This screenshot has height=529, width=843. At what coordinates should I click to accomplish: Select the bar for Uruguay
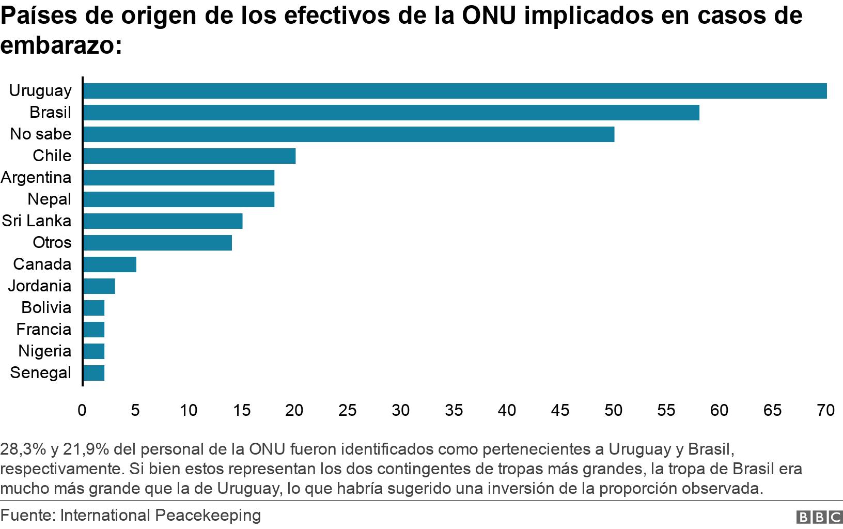[x=455, y=91]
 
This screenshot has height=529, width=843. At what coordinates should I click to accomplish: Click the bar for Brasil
[x=391, y=113]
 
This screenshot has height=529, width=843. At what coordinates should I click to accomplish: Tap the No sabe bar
[x=349, y=134]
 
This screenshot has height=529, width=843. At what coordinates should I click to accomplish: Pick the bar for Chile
[x=189, y=156]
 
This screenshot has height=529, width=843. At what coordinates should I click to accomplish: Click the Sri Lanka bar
[x=163, y=221]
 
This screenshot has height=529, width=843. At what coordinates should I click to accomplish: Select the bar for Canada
[x=110, y=264]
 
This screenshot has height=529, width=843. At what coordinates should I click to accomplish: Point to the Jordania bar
[x=99, y=286]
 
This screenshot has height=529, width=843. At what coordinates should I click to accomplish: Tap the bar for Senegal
[x=93, y=373]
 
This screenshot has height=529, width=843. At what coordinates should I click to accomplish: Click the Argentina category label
[x=36, y=178]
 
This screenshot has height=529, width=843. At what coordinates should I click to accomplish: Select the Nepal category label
[x=50, y=199]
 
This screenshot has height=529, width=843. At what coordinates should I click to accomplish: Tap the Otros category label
[x=52, y=243]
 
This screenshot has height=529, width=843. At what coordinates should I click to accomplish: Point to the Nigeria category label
[x=45, y=351]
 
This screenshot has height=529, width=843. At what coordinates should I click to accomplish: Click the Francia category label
[x=44, y=330]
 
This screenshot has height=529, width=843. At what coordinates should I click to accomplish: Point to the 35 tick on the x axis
[x=454, y=411]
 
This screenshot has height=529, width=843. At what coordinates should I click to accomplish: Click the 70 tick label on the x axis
[x=825, y=411]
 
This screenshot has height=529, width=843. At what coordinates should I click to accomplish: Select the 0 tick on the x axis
[x=82, y=411]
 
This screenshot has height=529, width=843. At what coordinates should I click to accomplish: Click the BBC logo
[x=820, y=517]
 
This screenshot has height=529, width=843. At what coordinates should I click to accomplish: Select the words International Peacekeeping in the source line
[x=161, y=516]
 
